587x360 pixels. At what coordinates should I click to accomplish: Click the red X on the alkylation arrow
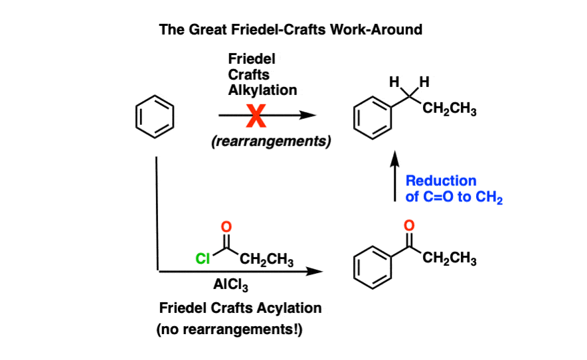[x=255, y=118]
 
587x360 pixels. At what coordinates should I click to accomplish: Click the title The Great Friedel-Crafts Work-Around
[x=291, y=30]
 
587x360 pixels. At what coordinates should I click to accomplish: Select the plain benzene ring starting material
[x=155, y=118]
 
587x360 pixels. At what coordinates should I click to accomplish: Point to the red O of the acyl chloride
[x=226, y=227]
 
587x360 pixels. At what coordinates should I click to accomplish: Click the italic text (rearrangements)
[x=272, y=141]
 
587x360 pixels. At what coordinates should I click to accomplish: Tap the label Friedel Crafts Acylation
[x=240, y=308]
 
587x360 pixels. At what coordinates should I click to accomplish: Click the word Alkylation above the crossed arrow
[x=262, y=90]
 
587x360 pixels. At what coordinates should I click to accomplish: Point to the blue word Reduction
[x=440, y=181]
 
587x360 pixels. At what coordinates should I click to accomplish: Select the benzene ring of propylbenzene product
[x=373, y=119]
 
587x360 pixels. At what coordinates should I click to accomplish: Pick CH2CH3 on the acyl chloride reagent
[x=265, y=260]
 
